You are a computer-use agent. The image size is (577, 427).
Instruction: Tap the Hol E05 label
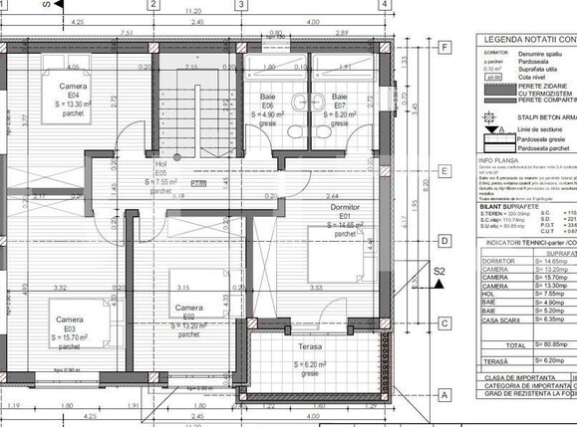click(159, 164)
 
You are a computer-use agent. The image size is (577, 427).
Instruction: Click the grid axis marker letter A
click(442, 392)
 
